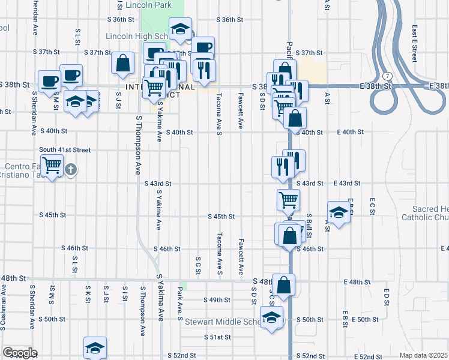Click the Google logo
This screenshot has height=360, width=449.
tap(19, 353)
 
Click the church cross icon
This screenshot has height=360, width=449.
tap(71, 169)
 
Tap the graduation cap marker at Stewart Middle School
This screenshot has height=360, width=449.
tap(271, 316)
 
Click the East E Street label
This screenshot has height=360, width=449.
tap(414, 43)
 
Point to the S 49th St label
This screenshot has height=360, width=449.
tap(217, 300)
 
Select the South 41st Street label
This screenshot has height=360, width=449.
tap(65, 149)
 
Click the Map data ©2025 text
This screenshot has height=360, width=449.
tap(423, 355)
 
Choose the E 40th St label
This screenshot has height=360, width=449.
tap(351, 131)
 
